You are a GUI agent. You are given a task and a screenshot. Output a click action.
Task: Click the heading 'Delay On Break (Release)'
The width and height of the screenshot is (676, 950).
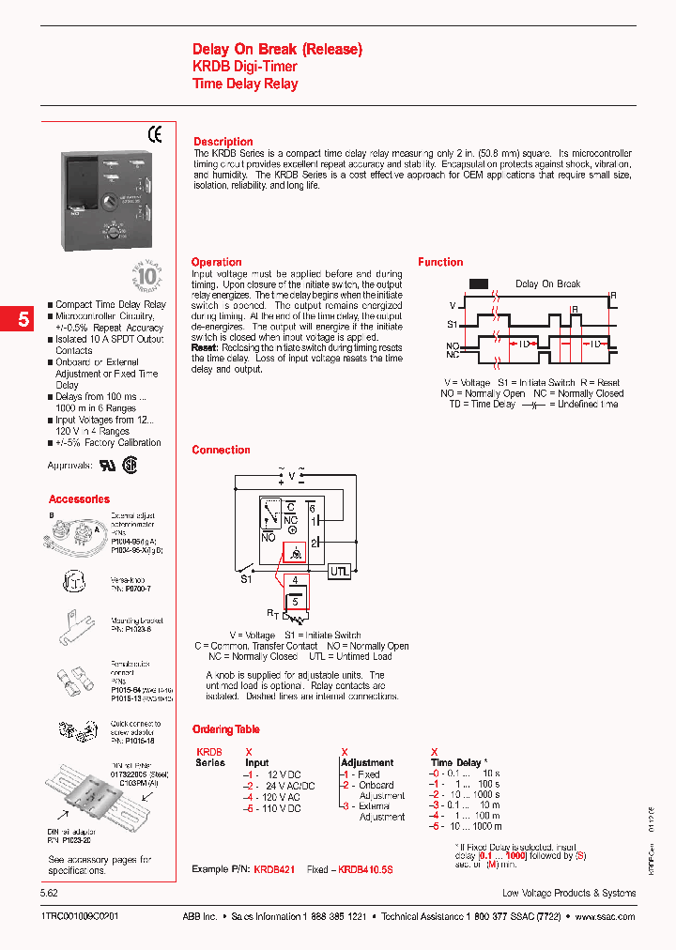277,49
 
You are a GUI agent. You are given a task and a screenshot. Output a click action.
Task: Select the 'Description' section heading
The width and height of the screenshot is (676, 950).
223,142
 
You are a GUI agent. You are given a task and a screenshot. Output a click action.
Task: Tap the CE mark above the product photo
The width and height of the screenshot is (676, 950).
155,133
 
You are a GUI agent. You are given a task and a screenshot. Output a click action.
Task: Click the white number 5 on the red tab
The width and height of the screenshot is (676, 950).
23,319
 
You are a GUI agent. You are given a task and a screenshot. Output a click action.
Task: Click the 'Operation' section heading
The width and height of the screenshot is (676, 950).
216,262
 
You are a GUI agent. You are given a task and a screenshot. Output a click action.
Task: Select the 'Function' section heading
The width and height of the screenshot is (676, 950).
440,262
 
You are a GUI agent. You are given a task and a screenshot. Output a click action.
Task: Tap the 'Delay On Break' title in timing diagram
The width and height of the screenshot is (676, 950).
547,283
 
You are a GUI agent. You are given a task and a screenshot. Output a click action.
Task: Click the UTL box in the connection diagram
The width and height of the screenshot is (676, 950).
340,571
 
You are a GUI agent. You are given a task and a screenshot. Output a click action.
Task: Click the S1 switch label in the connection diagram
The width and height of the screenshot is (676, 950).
246,579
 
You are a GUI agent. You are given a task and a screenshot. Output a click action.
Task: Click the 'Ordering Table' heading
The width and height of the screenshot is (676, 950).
225,729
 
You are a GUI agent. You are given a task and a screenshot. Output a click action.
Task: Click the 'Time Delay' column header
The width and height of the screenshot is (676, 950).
456,763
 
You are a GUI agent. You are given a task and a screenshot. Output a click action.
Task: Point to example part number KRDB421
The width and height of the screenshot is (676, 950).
274,870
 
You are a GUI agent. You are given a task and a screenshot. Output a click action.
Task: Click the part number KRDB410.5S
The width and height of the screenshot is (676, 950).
365,870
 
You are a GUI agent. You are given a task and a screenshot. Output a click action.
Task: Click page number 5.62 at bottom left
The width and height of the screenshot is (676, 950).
54,893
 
